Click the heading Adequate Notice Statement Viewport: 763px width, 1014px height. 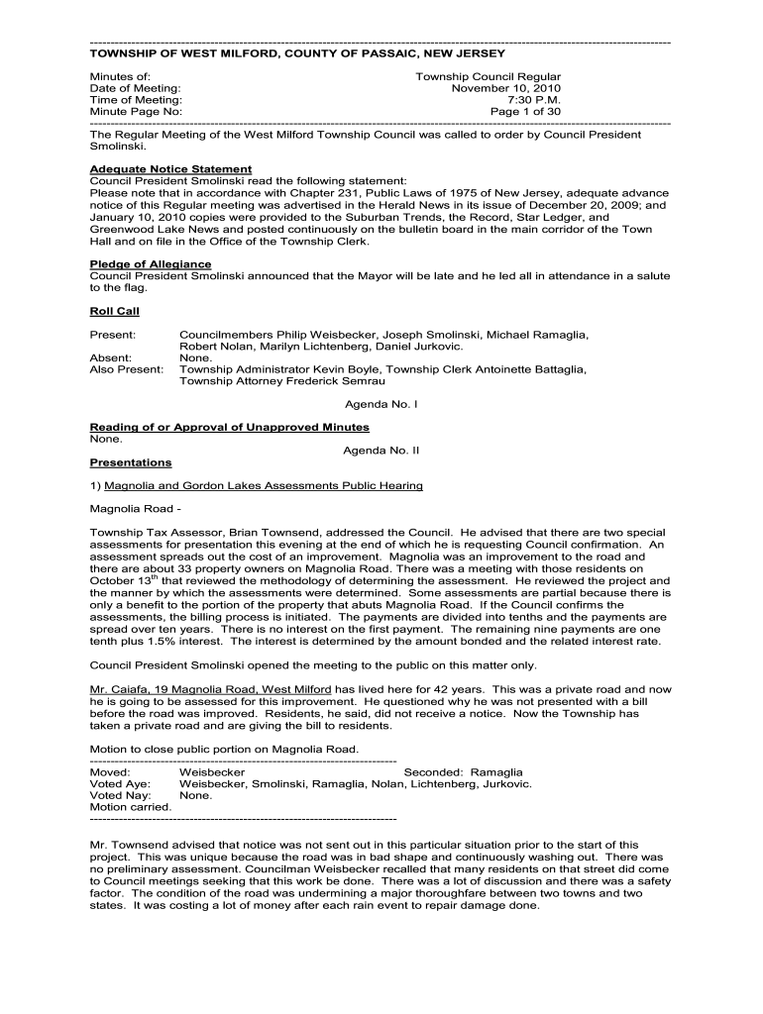pyautogui.click(x=170, y=169)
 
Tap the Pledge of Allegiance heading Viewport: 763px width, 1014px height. pyautogui.click(x=150, y=264)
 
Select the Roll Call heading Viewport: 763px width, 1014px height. pyautogui.click(x=115, y=311)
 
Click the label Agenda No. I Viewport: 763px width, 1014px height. pyautogui.click(x=381, y=405)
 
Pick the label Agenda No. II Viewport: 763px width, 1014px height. pyautogui.click(x=381, y=450)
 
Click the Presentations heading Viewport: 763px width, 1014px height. pyautogui.click(x=130, y=462)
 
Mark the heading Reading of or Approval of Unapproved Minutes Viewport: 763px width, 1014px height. pyautogui.click(x=229, y=427)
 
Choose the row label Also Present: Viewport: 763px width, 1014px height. pyautogui.click(x=126, y=369)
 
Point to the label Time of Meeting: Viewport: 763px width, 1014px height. pyautogui.click(x=136, y=100)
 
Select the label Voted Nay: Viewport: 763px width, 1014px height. pyautogui.click(x=121, y=795)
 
